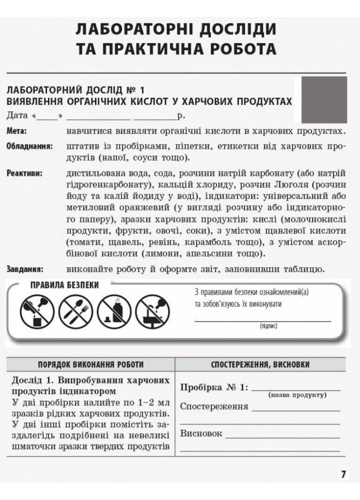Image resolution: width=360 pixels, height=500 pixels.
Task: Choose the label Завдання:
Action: pyautogui.click(x=25, y=269)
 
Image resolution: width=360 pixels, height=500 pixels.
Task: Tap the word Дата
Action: pyautogui.click(x=17, y=116)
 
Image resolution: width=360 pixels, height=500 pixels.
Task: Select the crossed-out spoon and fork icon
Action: pyautogui.click(x=75, y=310)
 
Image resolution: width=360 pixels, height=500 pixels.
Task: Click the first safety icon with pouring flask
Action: pyautogui.click(x=36, y=310)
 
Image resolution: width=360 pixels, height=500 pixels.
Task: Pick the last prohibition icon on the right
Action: pyautogui.click(x=152, y=310)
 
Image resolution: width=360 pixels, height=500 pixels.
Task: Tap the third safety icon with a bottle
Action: pyautogui.click(x=114, y=310)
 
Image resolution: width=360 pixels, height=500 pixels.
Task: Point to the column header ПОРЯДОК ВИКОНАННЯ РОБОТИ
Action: pyautogui.click(x=91, y=364)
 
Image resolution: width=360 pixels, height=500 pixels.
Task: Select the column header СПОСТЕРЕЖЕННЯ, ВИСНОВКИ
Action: pyautogui.click(x=260, y=364)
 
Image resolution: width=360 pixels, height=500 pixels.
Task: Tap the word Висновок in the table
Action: pyautogui.click(x=201, y=433)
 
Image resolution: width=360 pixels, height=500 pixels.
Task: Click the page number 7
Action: pyautogui.click(x=343, y=474)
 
